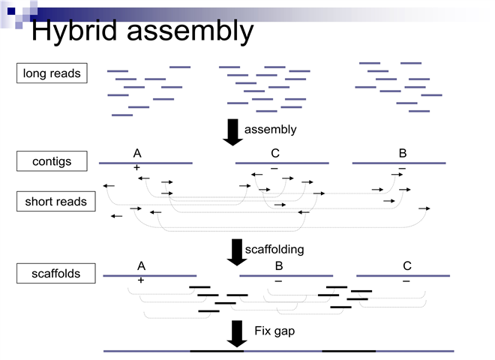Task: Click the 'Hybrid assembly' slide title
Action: click(142, 31)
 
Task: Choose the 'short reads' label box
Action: click(55, 201)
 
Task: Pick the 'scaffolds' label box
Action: click(56, 274)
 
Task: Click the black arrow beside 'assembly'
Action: click(233, 131)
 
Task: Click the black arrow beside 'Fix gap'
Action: click(237, 333)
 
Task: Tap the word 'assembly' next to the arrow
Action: click(270, 129)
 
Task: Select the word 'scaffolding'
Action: click(274, 248)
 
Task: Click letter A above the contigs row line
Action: click(137, 154)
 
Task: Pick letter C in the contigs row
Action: click(275, 154)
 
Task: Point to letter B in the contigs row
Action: click(403, 154)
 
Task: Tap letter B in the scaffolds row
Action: click(279, 266)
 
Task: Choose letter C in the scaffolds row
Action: click(407, 266)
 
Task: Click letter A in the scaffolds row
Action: click(141, 266)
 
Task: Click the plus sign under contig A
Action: click(136, 168)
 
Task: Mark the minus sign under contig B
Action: click(402, 168)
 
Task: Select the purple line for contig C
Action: click(282, 162)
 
